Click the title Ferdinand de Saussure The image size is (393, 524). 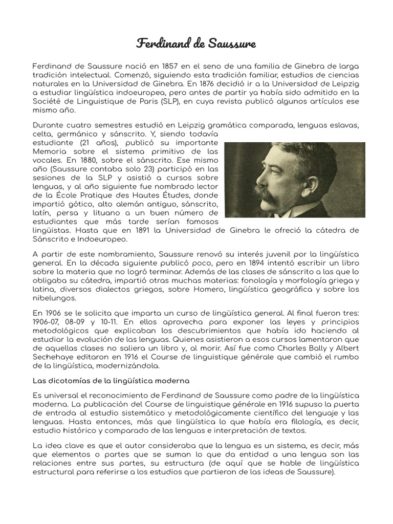[x=196, y=43]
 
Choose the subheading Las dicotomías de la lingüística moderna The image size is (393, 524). [x=111, y=381]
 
